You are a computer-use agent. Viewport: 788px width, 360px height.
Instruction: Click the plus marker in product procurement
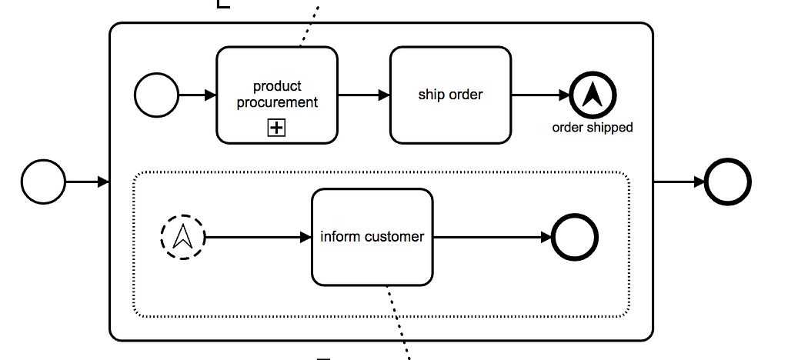(276, 128)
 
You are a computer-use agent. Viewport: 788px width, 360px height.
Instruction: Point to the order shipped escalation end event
(593, 95)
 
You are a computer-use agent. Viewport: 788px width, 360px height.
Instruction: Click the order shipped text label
(593, 128)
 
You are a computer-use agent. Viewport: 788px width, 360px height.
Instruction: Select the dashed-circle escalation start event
(183, 237)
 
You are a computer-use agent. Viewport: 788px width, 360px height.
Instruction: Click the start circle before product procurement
(156, 95)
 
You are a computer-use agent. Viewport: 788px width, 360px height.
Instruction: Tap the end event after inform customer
(574, 237)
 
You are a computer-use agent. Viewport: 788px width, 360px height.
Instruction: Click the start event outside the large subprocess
(43, 182)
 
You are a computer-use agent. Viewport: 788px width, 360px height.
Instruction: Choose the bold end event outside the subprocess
(727, 182)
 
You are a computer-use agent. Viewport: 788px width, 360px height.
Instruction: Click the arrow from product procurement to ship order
(363, 95)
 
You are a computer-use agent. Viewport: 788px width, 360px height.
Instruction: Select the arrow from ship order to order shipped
(540, 95)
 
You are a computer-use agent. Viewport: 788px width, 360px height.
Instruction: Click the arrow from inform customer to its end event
(492, 237)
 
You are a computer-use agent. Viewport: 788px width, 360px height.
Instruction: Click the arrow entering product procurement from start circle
(198, 95)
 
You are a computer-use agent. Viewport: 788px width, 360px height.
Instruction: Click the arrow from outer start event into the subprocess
(87, 182)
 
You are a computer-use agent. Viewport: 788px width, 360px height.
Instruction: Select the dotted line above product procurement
(309, 23)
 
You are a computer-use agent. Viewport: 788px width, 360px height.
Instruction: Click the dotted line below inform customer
(398, 323)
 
